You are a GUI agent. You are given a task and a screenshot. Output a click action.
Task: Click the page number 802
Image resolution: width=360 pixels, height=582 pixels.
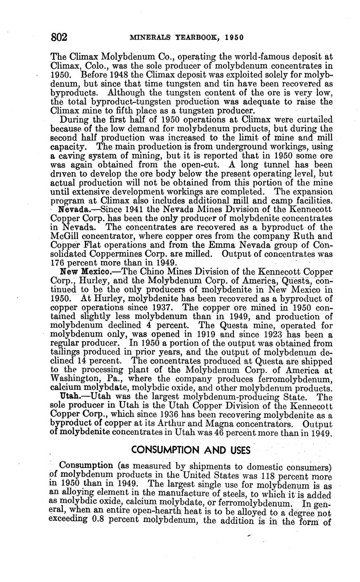point(60,37)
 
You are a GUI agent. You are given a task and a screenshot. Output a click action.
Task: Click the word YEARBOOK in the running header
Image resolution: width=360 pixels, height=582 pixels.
point(199,37)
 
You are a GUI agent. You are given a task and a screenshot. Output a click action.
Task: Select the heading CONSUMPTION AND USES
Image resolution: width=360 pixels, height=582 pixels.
point(191,450)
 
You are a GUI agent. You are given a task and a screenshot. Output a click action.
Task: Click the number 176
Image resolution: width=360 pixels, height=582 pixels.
point(58,263)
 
